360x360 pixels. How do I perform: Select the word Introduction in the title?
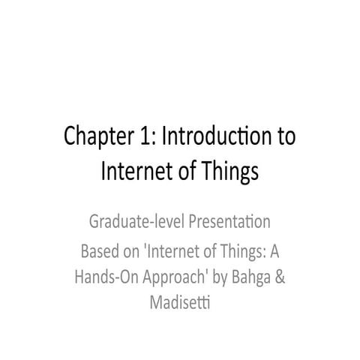pos(213,139)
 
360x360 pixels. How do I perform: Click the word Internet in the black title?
pos(132,172)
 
